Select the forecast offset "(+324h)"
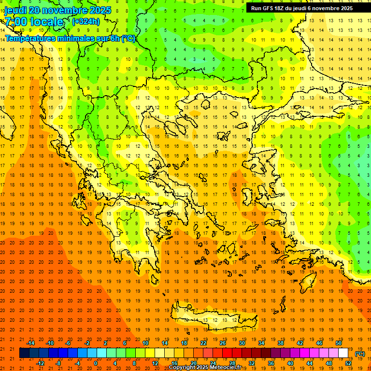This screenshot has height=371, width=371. tap(86, 21)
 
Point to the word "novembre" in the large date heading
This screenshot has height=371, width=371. tap(68, 10)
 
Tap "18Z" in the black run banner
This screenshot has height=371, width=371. tap(280, 8)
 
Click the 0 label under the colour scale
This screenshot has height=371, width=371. tap(96, 363)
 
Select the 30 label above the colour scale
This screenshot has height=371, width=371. tap(242, 343)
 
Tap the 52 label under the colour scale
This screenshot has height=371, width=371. tap(348, 363)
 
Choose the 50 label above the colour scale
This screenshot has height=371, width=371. tap(339, 343)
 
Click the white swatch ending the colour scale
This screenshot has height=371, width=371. tap(343, 353)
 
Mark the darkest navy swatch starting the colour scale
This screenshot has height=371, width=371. tap(24, 353)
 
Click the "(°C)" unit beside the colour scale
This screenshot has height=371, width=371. tap(360, 354)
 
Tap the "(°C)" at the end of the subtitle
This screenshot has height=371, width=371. tap(128, 38)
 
